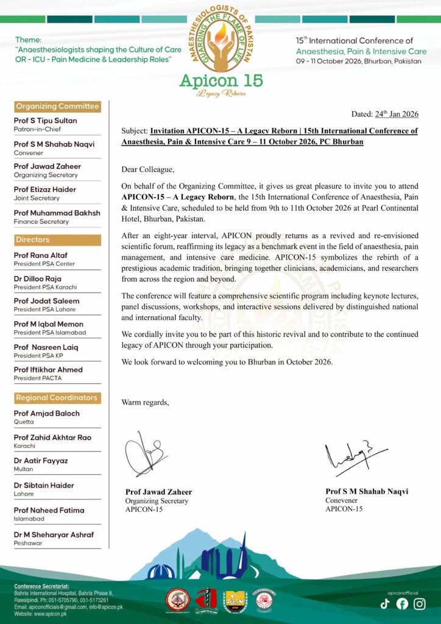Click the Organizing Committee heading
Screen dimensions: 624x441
click(x=57, y=106)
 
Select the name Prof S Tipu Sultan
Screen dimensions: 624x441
click(x=45, y=121)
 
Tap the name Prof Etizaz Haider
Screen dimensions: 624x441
click(x=45, y=190)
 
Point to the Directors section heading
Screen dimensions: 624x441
click(x=33, y=239)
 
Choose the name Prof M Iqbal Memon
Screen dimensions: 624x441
click(x=49, y=324)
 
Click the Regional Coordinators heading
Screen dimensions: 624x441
click(x=57, y=397)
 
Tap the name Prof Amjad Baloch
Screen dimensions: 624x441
click(x=47, y=413)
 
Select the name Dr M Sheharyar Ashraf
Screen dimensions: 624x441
click(x=54, y=534)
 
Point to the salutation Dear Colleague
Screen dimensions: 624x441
click(x=148, y=169)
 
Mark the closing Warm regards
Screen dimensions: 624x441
click(x=146, y=402)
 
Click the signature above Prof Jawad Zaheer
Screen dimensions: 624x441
click(x=144, y=454)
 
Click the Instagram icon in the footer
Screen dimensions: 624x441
click(x=420, y=604)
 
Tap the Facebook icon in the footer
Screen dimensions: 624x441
click(x=402, y=604)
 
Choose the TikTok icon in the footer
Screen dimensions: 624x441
click(x=385, y=604)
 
